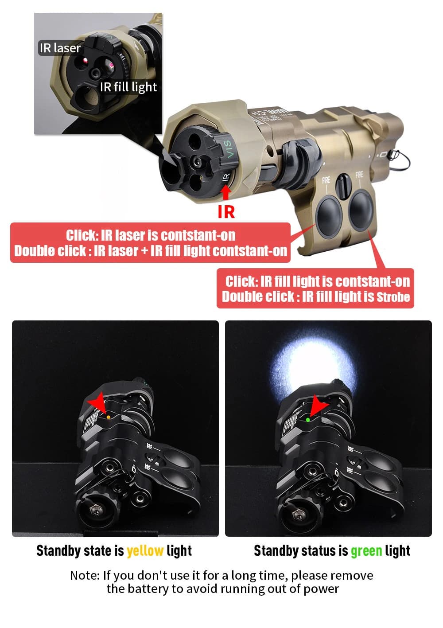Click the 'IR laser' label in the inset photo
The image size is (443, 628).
click(60, 48)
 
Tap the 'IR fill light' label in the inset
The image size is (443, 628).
click(128, 87)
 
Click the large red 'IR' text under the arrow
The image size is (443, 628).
click(226, 212)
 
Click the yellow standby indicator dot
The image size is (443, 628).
click(109, 417)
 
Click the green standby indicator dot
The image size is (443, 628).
click(307, 419)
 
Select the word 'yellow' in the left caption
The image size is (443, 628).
click(145, 551)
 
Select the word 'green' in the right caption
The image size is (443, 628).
click(366, 551)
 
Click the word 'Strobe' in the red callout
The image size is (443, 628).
click(393, 297)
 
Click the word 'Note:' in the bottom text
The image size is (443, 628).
click(85, 575)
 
